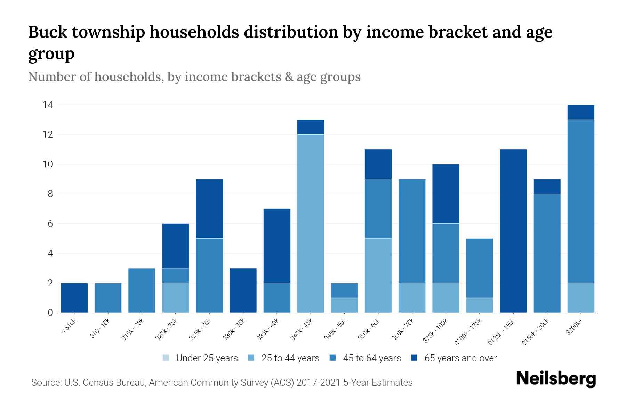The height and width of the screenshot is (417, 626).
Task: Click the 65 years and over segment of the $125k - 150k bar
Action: point(513,231)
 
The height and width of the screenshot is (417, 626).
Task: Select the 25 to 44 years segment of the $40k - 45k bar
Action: point(311,223)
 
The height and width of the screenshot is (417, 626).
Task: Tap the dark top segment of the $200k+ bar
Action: point(581,112)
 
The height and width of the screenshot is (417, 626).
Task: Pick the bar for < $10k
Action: point(74,298)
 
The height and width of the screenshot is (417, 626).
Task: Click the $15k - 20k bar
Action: point(142,291)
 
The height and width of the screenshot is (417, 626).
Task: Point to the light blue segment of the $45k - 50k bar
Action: point(344,305)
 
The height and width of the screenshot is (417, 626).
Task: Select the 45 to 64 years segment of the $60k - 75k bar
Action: point(412,231)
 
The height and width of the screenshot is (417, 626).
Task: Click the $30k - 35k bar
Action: point(243,291)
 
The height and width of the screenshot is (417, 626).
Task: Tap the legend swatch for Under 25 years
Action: point(166,358)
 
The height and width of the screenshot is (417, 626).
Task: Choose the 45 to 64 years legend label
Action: point(372,358)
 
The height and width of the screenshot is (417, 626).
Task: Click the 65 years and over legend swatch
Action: point(414,358)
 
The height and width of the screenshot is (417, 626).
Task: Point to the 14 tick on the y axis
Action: point(48,105)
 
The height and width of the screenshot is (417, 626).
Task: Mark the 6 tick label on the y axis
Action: point(50,223)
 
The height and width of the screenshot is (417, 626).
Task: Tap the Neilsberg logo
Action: point(556,379)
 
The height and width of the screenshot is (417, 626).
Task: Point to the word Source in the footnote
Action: point(45,383)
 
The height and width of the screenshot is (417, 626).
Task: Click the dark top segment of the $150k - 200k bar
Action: point(547,187)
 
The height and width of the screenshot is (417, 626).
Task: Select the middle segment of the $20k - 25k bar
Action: point(175,276)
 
